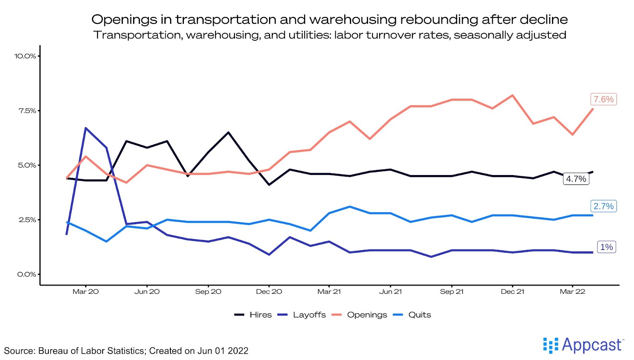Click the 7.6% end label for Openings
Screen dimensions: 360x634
[x=603, y=99]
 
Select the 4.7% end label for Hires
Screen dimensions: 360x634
[x=576, y=179]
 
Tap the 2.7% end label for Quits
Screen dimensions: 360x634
[x=603, y=206]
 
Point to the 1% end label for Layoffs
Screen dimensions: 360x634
[x=606, y=247]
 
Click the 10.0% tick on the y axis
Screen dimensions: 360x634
[x=25, y=56]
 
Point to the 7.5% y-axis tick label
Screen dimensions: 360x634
[x=27, y=111]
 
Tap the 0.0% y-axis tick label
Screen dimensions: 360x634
[x=27, y=274]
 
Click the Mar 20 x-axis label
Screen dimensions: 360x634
[x=86, y=292]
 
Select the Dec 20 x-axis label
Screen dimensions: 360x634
[x=269, y=292]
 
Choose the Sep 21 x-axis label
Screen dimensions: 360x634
[x=452, y=292]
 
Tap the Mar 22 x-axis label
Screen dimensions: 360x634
[x=572, y=292]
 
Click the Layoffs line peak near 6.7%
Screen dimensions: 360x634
[x=86, y=128]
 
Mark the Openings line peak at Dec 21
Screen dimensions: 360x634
[x=513, y=95]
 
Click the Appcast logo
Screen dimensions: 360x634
[x=583, y=345]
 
